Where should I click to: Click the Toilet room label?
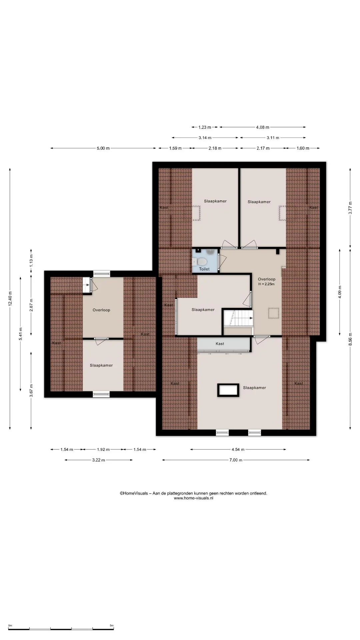pos(204,269)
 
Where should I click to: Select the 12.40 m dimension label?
pos(10,299)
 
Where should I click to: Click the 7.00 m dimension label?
pos(236,460)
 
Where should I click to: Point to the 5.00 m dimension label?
pos(103,148)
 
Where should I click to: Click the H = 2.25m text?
pos(266,284)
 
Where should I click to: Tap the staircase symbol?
pos(238,318)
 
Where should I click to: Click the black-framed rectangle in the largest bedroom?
pos(228,390)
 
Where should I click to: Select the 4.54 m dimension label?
pos(238,449)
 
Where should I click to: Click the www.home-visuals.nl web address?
pos(194,498)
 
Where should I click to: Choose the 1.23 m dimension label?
pos(205,127)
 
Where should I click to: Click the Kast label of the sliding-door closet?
pos(220,344)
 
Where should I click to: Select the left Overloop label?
pos(101,310)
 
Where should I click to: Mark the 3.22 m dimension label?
pos(98,460)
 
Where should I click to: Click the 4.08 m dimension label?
pos(262,127)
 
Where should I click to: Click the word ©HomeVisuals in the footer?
pos(134,493)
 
